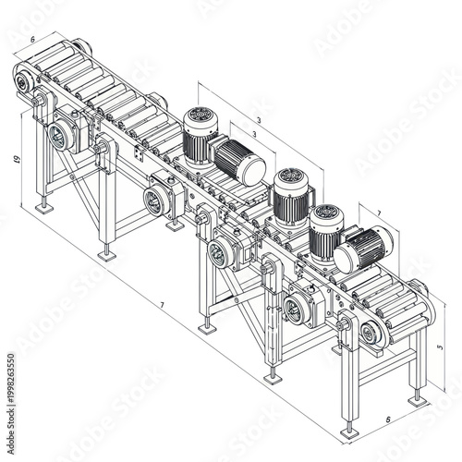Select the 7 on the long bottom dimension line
click(162, 305)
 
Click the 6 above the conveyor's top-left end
click(32, 40)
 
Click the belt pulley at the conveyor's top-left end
click(22, 84)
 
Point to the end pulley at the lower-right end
click(371, 334)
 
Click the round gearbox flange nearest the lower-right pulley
click(294, 310)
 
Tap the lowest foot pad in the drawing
click(348, 432)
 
